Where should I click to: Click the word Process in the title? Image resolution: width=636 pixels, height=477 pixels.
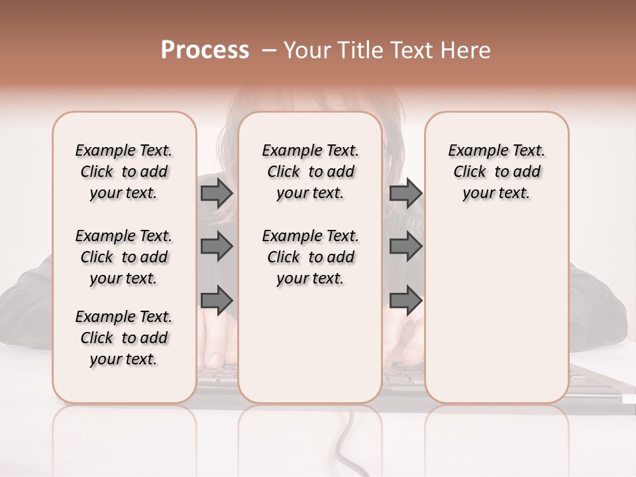(205, 50)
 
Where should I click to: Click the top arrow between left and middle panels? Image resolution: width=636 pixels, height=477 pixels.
(217, 193)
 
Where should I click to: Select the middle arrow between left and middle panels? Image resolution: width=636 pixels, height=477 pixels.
(217, 246)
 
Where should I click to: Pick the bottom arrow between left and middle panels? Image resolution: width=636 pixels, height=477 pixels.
(217, 301)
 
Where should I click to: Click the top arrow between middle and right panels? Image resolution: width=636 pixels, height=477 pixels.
(405, 193)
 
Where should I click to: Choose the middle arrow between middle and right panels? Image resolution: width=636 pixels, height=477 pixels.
(405, 246)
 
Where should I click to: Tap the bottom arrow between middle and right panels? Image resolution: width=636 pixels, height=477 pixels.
(405, 301)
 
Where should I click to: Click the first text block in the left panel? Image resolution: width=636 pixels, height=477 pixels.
(124, 172)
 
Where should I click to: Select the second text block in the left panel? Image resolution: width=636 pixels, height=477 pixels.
(124, 257)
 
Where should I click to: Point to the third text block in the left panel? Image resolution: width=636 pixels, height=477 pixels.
(124, 338)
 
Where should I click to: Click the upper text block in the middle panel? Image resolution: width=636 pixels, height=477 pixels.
(310, 172)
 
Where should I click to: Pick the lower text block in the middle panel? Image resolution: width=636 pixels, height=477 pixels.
(310, 257)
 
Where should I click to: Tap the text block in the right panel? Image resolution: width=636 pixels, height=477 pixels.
(496, 172)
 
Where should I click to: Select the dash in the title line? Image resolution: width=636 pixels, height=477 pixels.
(269, 50)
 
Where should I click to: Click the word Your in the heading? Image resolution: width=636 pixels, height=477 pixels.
(306, 50)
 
